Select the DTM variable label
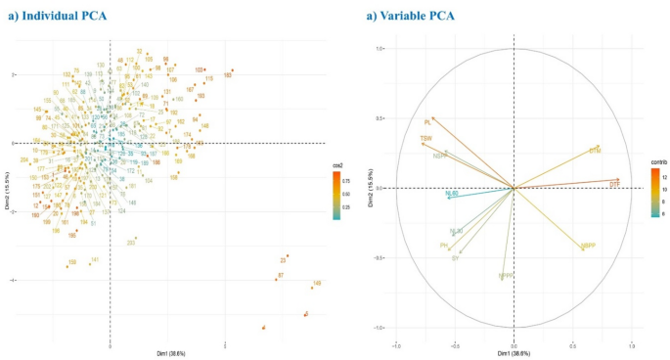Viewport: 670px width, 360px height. click(x=594, y=151)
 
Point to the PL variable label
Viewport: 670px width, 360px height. click(x=427, y=122)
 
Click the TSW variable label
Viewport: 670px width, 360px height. click(x=425, y=139)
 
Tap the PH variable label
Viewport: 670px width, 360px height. click(x=444, y=246)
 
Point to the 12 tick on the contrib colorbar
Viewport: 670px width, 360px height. click(x=663, y=171)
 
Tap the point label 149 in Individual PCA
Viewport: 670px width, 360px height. click(x=316, y=284)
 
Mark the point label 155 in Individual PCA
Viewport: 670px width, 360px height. click(x=71, y=263)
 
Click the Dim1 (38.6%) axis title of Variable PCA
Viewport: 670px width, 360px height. click(x=514, y=352)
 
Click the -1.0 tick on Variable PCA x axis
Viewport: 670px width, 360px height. click(x=397, y=344)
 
